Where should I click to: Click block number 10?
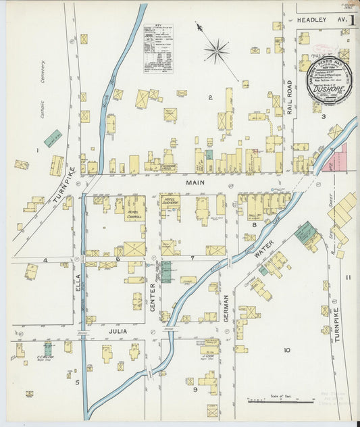point(286,349)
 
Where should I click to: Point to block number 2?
point(210,98)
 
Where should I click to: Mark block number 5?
point(78,382)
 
